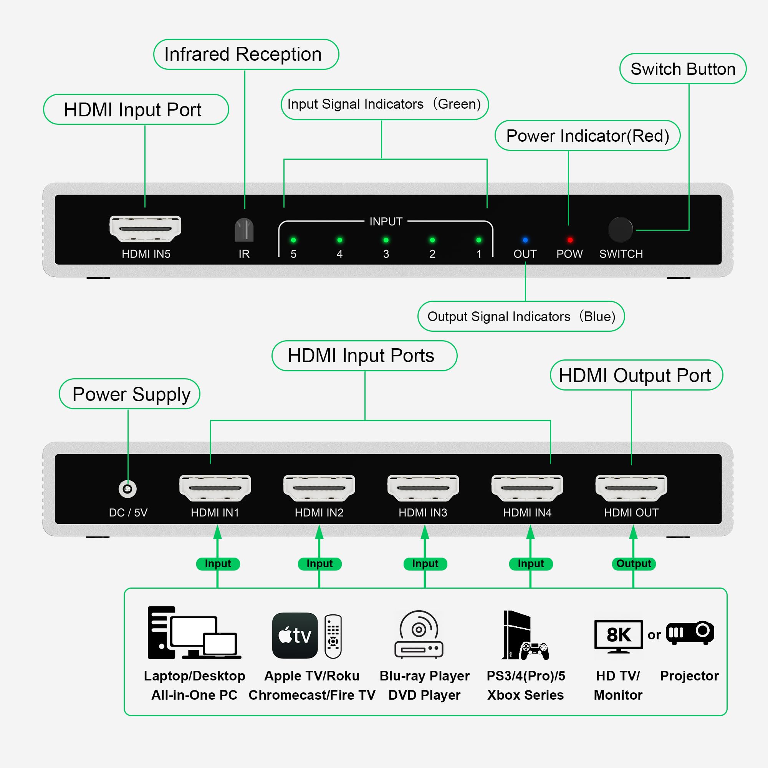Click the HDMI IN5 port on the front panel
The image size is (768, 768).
145,229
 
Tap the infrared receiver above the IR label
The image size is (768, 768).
244,230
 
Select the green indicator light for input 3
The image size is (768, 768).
386,240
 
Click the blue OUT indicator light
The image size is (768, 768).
525,240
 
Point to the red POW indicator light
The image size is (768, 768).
570,240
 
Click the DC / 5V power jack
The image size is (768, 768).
127,488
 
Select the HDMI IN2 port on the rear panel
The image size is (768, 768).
319,488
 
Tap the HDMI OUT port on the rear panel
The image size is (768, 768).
631,488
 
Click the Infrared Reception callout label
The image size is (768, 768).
246,55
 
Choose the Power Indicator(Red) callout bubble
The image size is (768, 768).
587,136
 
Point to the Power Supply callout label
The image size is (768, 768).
129,394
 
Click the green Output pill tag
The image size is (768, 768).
633,564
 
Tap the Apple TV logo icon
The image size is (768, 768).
295,635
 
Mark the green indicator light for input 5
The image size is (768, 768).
293,240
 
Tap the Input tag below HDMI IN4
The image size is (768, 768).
531,564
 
